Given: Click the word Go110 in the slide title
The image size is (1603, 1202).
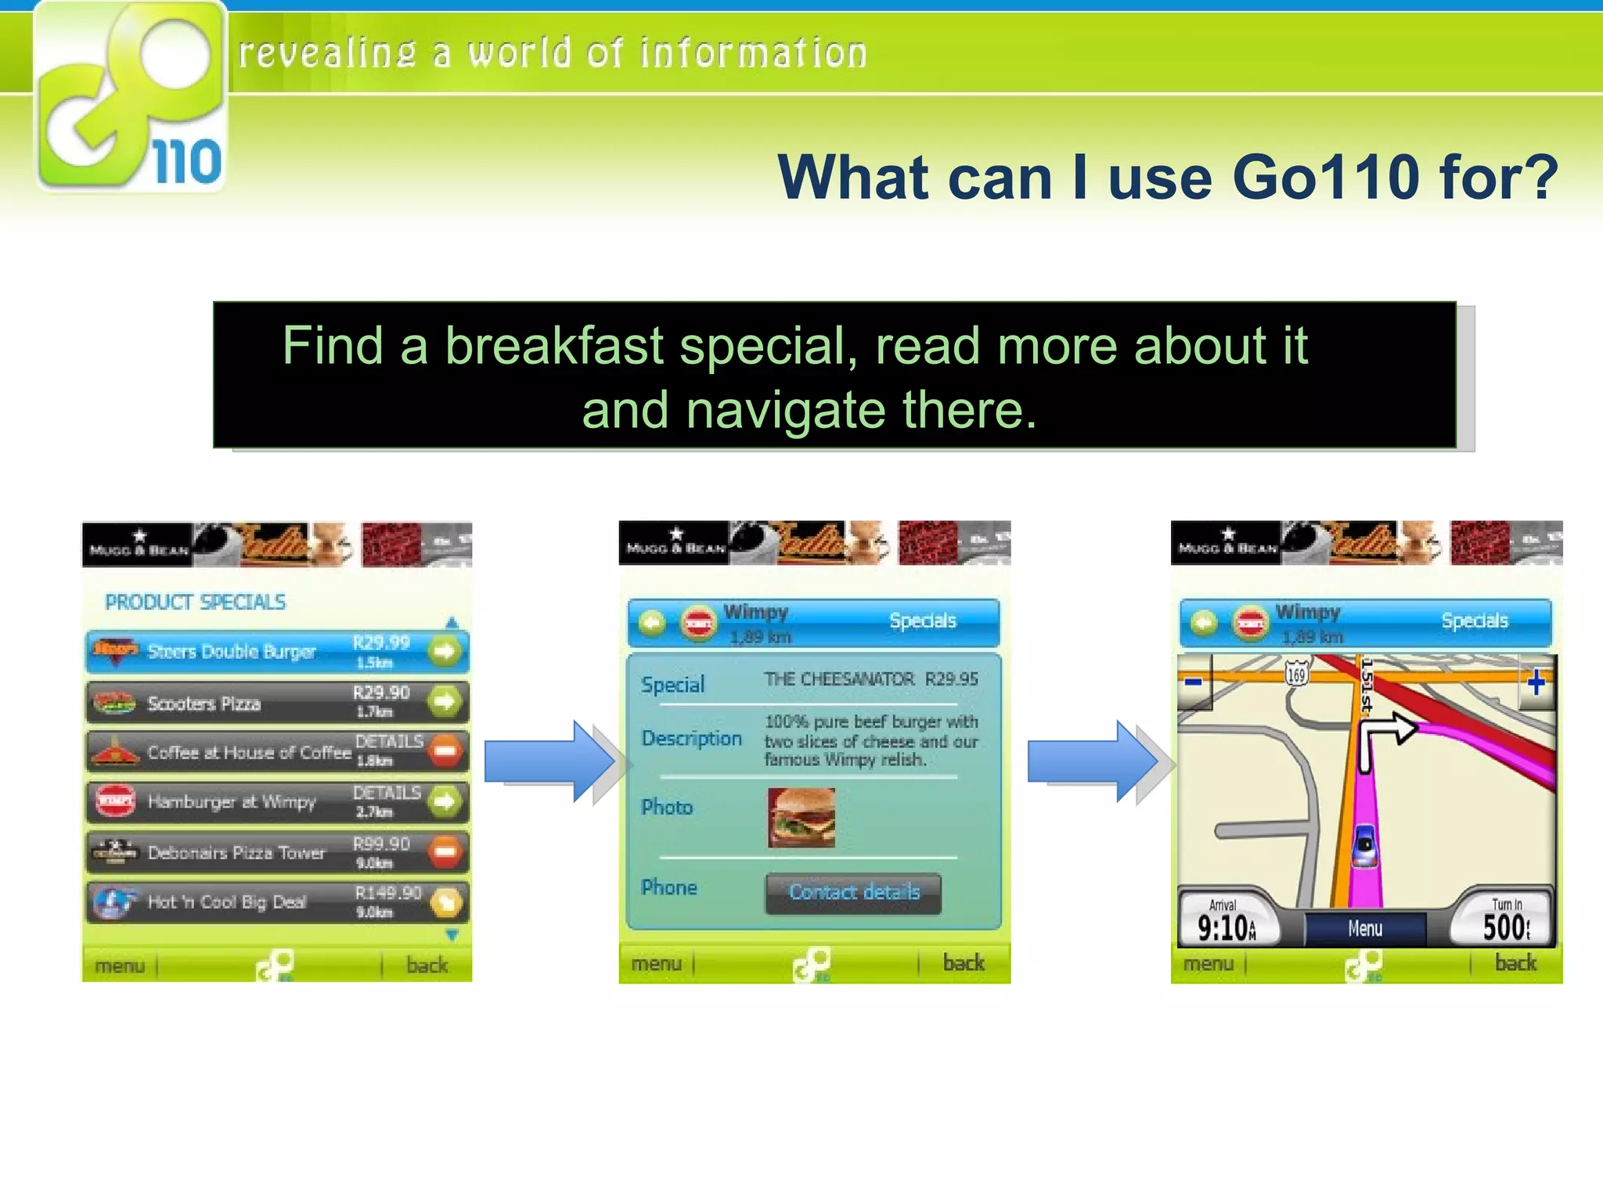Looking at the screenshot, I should [x=1326, y=178].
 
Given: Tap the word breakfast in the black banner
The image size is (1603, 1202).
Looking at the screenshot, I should [x=554, y=346].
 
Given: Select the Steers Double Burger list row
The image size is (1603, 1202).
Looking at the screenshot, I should [x=258, y=652].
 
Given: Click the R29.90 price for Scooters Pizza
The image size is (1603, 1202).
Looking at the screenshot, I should [x=381, y=693].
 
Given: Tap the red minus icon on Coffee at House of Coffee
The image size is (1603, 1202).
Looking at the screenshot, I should [x=445, y=751].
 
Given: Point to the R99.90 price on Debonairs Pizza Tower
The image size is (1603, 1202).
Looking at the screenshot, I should [x=381, y=844].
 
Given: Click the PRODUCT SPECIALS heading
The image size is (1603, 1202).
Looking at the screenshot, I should [x=196, y=602].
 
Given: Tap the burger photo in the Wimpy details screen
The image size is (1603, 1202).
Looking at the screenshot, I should [x=801, y=818].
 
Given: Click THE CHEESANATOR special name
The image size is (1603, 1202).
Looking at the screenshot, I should [x=839, y=679].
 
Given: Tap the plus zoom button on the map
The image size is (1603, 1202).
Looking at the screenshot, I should [x=1536, y=682].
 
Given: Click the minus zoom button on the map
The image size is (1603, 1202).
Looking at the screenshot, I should [x=1194, y=682].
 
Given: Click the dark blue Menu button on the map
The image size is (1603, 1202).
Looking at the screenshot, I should [x=1365, y=929].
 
